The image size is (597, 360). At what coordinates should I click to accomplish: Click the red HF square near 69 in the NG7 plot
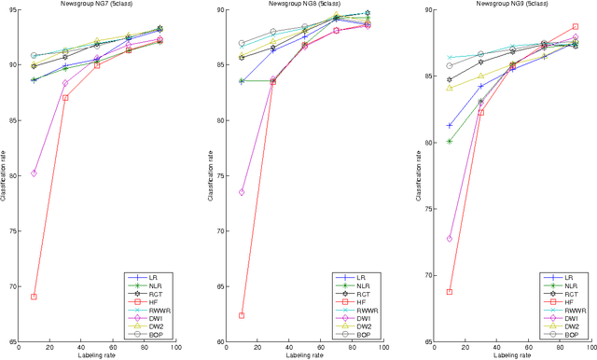click(34, 297)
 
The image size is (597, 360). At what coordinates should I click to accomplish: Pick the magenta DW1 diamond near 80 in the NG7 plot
click(34, 173)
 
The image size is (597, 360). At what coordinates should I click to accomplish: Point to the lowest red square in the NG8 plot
click(242, 315)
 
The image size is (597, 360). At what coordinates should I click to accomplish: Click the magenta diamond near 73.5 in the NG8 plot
click(242, 192)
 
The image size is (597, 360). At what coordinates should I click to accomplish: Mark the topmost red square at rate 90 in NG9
click(575, 27)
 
